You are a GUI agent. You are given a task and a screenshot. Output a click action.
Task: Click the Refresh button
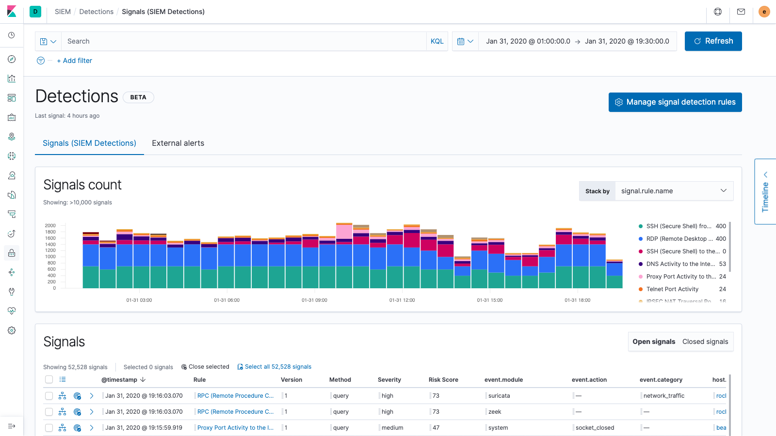tap(713, 41)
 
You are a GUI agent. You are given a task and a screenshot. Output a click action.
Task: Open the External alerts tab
tap(178, 143)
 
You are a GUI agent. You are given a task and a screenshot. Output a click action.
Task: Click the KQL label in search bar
tap(437, 42)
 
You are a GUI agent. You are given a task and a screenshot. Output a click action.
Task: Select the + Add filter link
tap(74, 61)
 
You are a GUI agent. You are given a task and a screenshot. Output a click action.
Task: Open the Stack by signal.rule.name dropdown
tap(674, 191)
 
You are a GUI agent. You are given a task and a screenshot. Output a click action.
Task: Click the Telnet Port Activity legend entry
tap(672, 289)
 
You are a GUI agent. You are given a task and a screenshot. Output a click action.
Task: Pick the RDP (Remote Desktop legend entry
tap(679, 239)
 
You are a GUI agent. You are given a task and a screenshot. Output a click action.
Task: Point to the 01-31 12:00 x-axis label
tap(402, 300)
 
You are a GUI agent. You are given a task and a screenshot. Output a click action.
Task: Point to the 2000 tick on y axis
tap(50, 226)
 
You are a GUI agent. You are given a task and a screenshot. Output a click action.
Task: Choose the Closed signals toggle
tap(705, 342)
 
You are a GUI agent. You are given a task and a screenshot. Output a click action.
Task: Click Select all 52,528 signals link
tap(277, 367)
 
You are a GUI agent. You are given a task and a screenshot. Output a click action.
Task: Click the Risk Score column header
tap(443, 380)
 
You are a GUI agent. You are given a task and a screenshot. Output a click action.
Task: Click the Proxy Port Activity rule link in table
tap(235, 428)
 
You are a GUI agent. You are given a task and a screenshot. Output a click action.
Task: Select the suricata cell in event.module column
tap(499, 396)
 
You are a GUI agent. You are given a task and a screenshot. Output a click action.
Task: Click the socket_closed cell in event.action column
tap(595, 428)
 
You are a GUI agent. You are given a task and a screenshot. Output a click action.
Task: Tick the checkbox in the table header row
tap(49, 380)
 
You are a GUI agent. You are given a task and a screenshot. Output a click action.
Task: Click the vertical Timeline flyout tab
tap(765, 192)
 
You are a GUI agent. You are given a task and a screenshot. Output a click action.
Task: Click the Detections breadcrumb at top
tap(96, 12)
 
